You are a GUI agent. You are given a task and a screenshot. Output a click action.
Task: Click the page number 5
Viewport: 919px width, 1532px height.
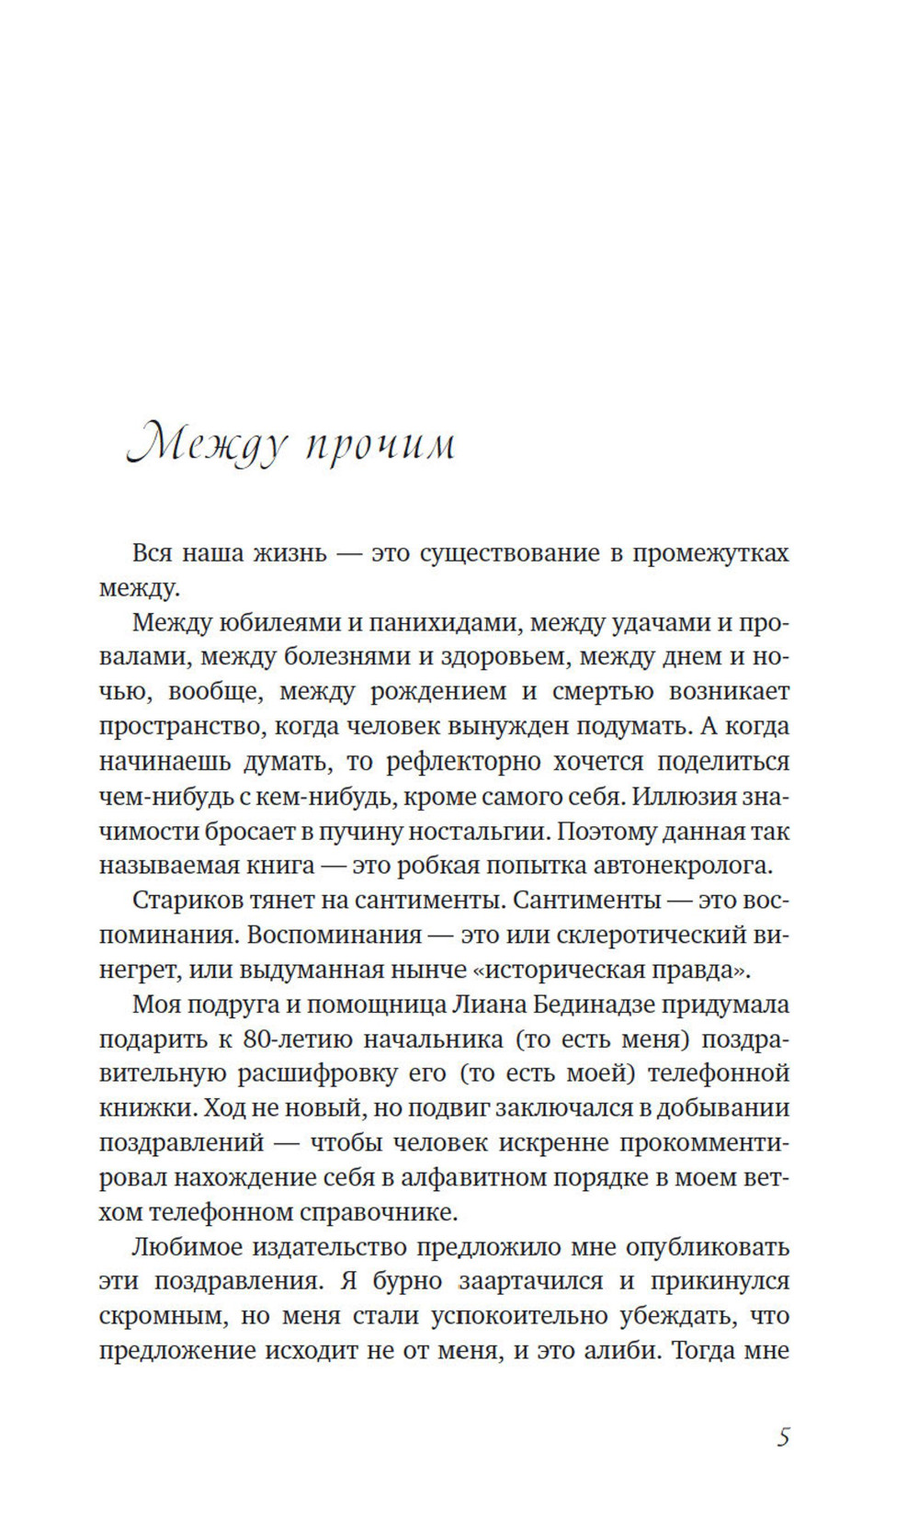coord(783,1436)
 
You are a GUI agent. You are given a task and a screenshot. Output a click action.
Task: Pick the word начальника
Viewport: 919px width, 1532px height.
coord(433,1038)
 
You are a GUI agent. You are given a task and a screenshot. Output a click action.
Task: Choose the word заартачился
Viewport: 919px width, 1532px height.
coord(531,1281)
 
